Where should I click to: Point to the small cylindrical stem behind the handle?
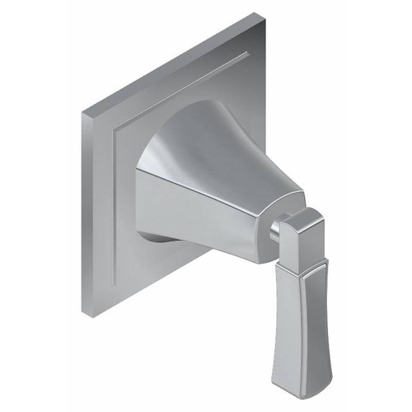coord(274,232)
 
